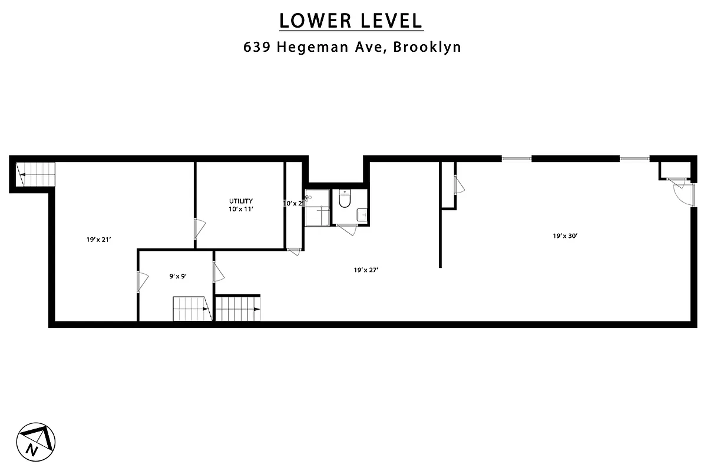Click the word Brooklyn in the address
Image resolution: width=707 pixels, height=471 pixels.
tap(427, 48)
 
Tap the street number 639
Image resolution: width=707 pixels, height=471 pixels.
tap(257, 48)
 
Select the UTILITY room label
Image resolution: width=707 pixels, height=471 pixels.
tap(241, 201)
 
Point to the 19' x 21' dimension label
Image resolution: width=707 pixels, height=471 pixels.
tap(99, 240)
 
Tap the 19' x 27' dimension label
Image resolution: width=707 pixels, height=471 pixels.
tap(366, 270)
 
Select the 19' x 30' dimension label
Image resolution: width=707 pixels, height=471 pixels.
tap(564, 236)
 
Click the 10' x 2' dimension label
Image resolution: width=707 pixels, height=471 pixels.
tap(293, 203)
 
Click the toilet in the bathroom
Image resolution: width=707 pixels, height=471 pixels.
tap(345, 199)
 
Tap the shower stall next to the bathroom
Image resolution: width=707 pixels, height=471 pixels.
tap(317, 208)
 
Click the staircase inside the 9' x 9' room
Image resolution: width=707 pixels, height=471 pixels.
tap(191, 309)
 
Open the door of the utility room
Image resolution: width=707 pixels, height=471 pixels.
tap(200, 228)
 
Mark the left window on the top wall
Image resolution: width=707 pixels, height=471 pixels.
tap(516, 158)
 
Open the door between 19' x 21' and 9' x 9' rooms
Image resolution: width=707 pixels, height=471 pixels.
tap(142, 281)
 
